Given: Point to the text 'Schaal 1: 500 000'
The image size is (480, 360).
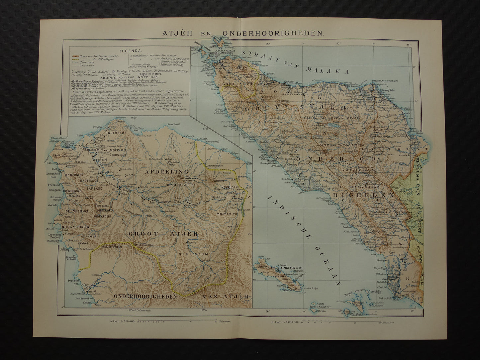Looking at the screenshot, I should [122, 322].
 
